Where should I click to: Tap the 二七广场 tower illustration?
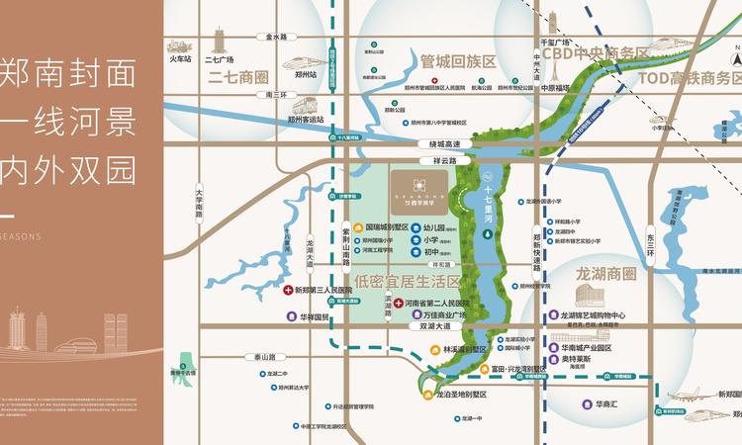pos(217,40)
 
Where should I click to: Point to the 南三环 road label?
pos(268,95)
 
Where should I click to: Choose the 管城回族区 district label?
pos(457,60)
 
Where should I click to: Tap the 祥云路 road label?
pos(445,160)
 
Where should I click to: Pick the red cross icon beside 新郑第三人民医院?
pos(287,291)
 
